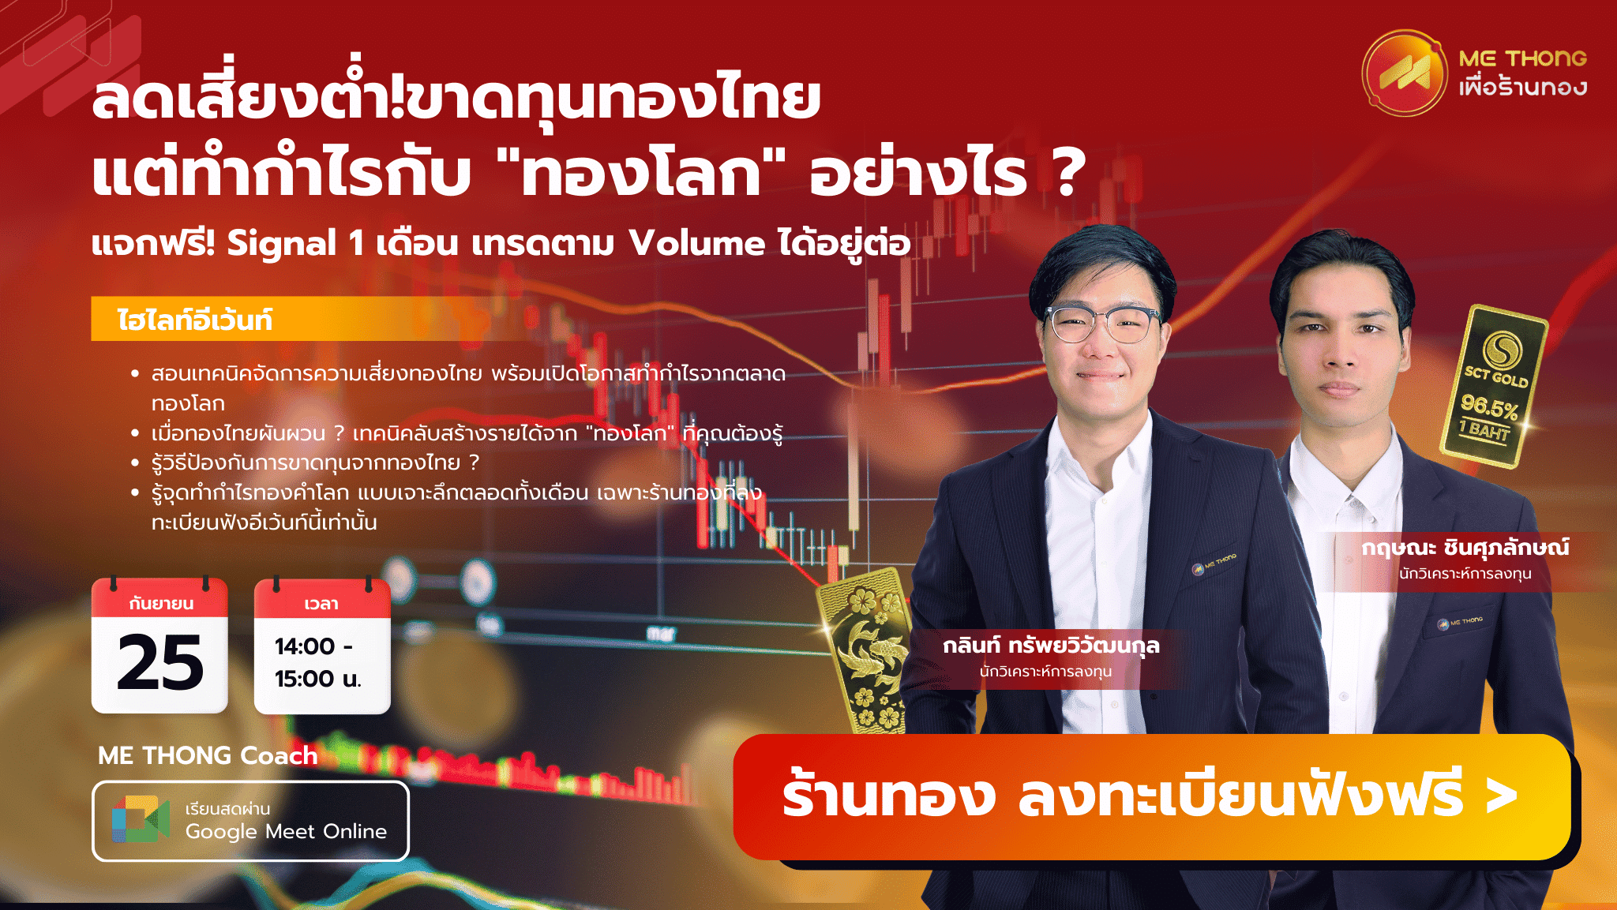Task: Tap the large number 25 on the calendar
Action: click(160, 662)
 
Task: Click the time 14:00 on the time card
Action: click(305, 646)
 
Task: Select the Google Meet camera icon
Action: click(141, 819)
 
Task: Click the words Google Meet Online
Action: click(286, 832)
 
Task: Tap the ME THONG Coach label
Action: click(208, 755)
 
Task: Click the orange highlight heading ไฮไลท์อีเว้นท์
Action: click(195, 320)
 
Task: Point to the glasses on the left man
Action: click(1103, 324)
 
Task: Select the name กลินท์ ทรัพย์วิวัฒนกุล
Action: click(1051, 646)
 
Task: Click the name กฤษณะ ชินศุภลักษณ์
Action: click(1465, 548)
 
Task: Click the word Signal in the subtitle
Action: click(282, 244)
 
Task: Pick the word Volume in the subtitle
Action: click(697, 244)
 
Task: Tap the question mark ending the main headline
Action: click(1067, 174)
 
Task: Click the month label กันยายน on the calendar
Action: click(161, 604)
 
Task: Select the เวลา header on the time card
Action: click(321, 604)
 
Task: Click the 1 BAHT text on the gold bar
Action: click(1484, 431)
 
